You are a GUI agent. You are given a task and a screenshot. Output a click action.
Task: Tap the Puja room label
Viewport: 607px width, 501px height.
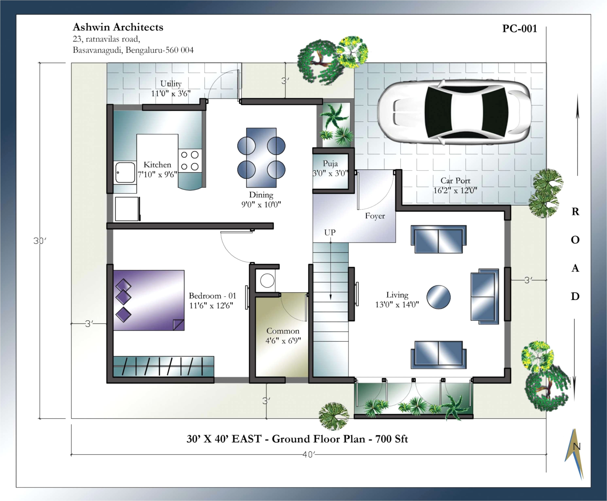pos(330,164)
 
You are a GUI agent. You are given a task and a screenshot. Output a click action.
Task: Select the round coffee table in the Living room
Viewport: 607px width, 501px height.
pos(438,297)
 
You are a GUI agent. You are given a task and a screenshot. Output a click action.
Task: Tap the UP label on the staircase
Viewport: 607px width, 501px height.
pos(330,232)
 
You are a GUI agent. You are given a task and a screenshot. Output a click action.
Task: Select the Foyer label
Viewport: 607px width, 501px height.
pos(375,216)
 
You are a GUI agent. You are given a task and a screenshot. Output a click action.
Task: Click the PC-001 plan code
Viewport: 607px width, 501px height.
pos(519,28)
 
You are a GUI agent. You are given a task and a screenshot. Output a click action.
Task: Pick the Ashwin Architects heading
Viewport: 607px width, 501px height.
pos(118,27)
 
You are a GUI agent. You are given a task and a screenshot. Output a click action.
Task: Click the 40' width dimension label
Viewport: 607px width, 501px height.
pos(308,455)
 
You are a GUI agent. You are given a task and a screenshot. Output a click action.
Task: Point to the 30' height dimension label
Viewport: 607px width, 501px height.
pos(40,241)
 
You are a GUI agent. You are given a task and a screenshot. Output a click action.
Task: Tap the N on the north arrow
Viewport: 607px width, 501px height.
pos(576,447)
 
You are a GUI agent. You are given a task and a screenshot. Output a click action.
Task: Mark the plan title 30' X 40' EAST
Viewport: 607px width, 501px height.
pos(224,439)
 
